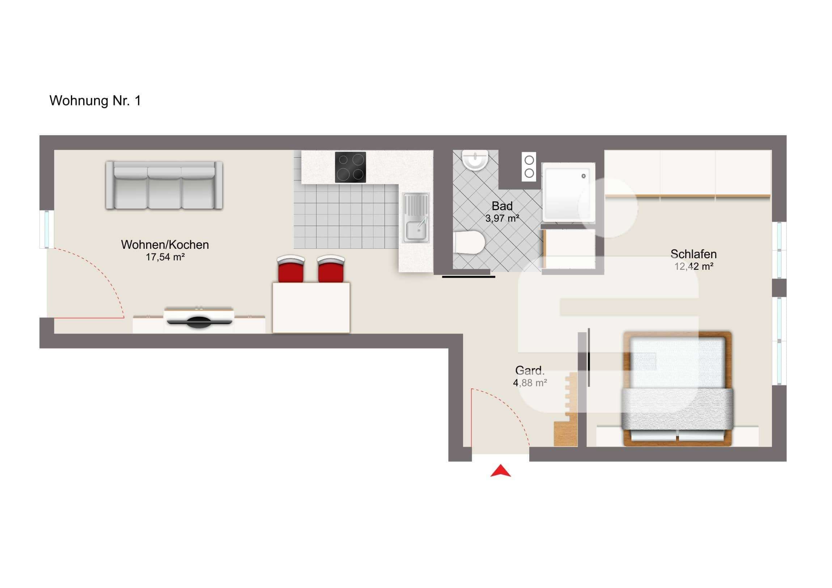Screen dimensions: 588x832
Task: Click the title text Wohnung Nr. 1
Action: point(95,101)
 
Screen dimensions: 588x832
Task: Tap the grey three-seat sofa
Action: point(164,185)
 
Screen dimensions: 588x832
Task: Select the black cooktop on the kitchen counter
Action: point(350,167)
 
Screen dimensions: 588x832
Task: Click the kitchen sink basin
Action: point(417,230)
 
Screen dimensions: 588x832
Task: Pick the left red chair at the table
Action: point(290,268)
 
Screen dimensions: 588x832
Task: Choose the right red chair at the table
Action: point(331,268)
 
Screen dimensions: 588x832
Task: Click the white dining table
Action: point(311,308)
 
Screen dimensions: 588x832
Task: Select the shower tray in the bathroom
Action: point(568,192)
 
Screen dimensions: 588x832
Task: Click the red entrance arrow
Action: point(500,471)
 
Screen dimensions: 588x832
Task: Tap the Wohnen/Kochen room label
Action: point(165,245)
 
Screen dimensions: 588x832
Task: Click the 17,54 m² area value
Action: point(165,257)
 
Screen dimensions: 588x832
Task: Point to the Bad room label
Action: point(502,206)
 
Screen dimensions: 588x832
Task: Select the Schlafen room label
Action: point(693,254)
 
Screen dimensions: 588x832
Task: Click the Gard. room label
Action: point(530,371)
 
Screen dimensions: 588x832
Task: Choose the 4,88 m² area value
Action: point(530,383)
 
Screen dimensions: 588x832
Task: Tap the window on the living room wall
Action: point(47,229)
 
